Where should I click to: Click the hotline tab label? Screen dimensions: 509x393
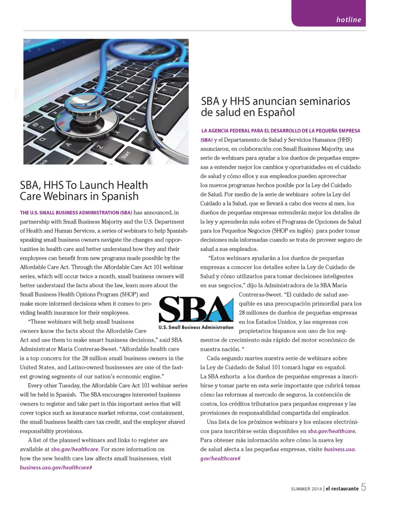pos(348,20)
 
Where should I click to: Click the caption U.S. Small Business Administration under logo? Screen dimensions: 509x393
pos(196,327)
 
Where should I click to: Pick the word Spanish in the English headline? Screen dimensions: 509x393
pos(120,197)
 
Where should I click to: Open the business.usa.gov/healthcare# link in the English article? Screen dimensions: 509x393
pos(56,467)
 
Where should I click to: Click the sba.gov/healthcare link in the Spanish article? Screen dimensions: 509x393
pos(332,431)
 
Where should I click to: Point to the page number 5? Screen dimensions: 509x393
pos(364,487)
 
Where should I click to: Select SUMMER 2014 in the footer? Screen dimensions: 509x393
pos(306,489)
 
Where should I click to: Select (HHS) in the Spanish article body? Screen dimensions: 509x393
pos(345,140)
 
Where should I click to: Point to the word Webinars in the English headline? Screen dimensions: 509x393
pos(70,197)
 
